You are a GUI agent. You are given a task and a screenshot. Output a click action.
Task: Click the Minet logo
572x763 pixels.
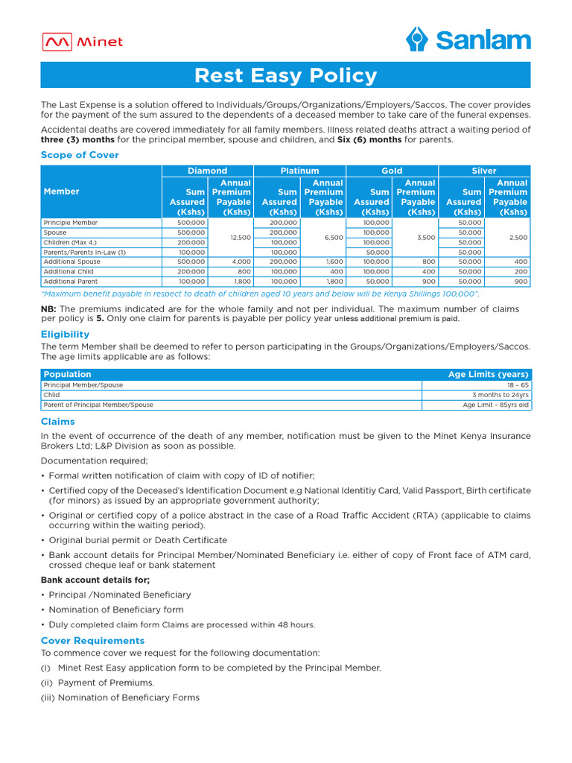pos(82,42)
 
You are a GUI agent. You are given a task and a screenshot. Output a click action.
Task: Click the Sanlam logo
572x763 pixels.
pos(468,39)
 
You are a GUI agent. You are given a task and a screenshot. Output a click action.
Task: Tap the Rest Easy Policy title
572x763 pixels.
pos(285,75)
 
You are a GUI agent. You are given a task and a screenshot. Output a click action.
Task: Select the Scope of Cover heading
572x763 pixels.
pos(80,155)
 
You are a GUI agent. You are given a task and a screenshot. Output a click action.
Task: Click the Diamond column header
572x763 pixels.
pos(208,171)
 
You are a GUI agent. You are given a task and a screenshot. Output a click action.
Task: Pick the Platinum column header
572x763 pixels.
pos(299,171)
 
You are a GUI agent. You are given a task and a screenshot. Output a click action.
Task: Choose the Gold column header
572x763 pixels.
pos(392,171)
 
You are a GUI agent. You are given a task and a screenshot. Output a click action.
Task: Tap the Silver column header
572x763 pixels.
pos(484,171)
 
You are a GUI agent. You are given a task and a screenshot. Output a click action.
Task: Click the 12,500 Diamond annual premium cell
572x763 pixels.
pos(232,237)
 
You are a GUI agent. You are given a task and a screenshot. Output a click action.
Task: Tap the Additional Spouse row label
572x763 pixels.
pos(72,262)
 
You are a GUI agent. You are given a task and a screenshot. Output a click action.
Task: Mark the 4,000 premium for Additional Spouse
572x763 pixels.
pos(241,262)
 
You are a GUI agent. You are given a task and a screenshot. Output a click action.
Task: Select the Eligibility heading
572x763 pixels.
pos(65,335)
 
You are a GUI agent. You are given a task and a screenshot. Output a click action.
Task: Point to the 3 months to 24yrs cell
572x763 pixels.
pos(500,395)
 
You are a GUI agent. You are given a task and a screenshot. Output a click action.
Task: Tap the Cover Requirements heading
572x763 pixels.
pos(92,641)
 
